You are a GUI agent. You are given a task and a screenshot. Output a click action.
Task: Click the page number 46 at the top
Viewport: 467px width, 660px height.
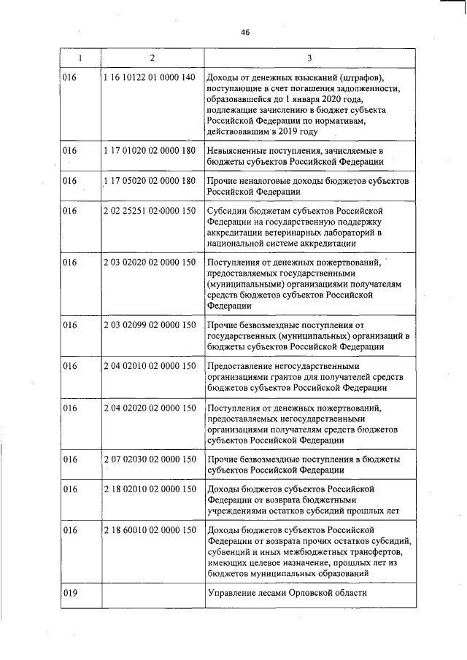click(x=244, y=31)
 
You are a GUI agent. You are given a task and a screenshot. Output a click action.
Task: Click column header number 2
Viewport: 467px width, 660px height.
click(x=152, y=57)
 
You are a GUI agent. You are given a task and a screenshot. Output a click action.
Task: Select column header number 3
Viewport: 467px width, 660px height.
click(x=309, y=57)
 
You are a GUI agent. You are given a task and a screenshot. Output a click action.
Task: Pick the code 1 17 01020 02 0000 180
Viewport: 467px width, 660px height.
click(x=150, y=150)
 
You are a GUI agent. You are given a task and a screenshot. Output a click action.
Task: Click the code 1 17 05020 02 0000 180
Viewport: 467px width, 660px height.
click(x=150, y=180)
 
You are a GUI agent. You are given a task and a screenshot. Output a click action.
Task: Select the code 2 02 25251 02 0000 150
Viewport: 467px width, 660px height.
click(x=150, y=211)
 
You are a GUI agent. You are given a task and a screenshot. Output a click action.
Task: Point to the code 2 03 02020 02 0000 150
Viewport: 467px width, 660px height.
click(x=150, y=262)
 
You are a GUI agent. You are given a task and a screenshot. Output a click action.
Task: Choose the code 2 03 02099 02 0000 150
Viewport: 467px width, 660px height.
click(x=150, y=324)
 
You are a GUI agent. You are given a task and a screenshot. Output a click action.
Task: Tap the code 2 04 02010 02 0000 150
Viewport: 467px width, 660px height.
click(x=150, y=365)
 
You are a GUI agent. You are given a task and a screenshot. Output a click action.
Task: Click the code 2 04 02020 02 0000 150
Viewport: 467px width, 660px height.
click(x=150, y=407)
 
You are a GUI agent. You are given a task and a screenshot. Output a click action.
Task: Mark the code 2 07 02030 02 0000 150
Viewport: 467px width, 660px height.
click(x=150, y=459)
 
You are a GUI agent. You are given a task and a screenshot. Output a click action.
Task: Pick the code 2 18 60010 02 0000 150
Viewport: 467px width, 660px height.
click(x=150, y=530)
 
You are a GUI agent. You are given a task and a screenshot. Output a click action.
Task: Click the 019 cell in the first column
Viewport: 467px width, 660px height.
click(x=70, y=593)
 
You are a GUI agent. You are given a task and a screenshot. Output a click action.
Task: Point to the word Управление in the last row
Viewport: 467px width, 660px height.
click(x=234, y=593)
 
